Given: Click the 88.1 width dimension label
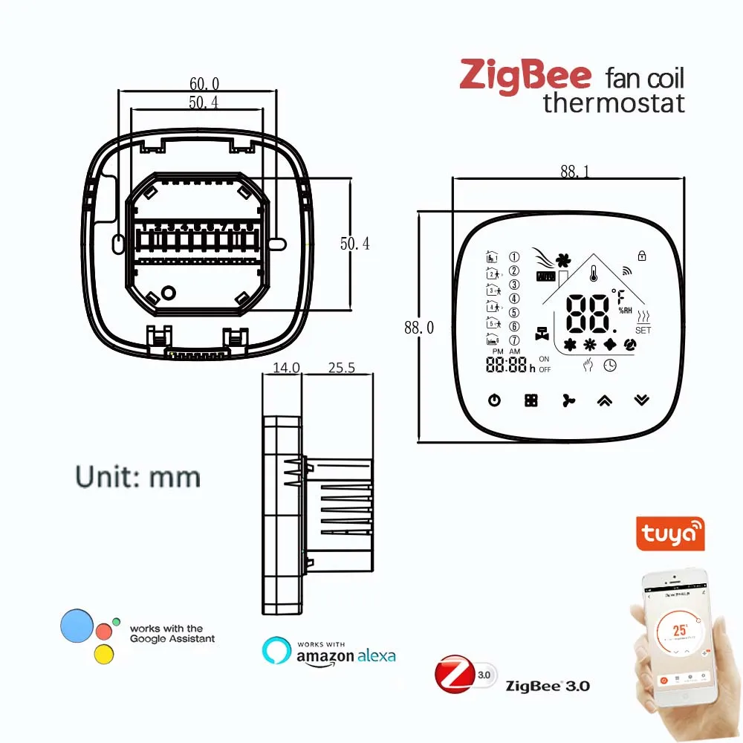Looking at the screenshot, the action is click(x=574, y=172).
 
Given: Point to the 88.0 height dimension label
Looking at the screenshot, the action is click(x=418, y=328).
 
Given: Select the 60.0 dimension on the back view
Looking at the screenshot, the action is click(x=204, y=84).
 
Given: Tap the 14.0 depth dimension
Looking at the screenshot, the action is click(x=286, y=367).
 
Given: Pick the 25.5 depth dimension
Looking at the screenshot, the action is click(x=341, y=367).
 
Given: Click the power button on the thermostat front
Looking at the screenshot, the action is click(x=494, y=400).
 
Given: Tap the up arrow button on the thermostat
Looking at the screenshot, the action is click(x=604, y=400).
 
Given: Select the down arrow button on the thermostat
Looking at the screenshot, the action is click(x=641, y=400).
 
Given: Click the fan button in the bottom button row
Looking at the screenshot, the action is click(x=568, y=400).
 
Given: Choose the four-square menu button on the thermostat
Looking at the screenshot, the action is click(x=531, y=400).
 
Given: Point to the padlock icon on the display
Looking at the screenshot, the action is click(x=641, y=256).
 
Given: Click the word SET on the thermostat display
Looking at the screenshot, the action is click(x=643, y=330).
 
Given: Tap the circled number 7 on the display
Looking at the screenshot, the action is click(x=514, y=340).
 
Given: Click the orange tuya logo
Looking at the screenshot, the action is click(x=670, y=534).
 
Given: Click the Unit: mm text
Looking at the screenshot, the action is click(x=138, y=476).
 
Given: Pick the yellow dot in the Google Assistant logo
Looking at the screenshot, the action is click(x=104, y=654).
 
